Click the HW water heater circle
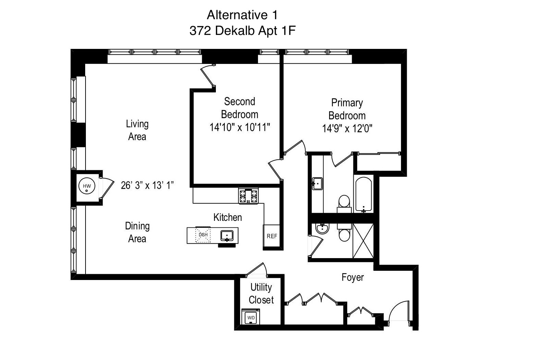(x=87, y=186)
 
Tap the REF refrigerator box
(x=272, y=236)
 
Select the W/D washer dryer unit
(x=251, y=317)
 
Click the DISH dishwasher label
(x=203, y=235)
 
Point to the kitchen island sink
(x=227, y=235)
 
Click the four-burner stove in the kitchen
(x=248, y=196)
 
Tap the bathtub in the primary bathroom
(x=363, y=194)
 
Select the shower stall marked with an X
(x=363, y=241)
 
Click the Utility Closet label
(x=261, y=293)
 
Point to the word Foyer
(x=352, y=277)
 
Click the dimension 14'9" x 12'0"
(x=347, y=129)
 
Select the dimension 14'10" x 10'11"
(x=240, y=128)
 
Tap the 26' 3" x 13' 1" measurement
(x=147, y=185)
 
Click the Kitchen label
(x=227, y=217)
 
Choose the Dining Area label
(x=137, y=232)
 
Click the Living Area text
(x=137, y=130)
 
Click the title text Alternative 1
(x=242, y=15)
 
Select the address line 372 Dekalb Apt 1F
(x=242, y=31)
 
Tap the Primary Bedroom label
(x=347, y=109)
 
